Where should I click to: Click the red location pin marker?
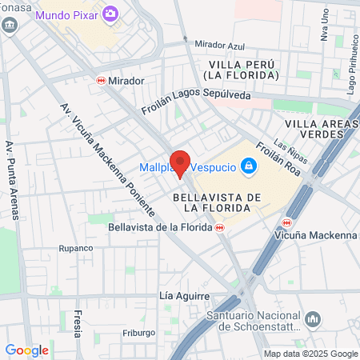[x=181, y=162]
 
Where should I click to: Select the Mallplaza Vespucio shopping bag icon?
[x=250, y=166]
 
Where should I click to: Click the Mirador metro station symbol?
[x=102, y=81]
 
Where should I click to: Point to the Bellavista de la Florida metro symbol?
[x=220, y=227]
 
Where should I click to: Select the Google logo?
[x=26, y=350]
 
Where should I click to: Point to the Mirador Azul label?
[x=219, y=46]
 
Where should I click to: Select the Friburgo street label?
[x=138, y=332]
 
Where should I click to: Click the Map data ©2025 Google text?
[x=311, y=354]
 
